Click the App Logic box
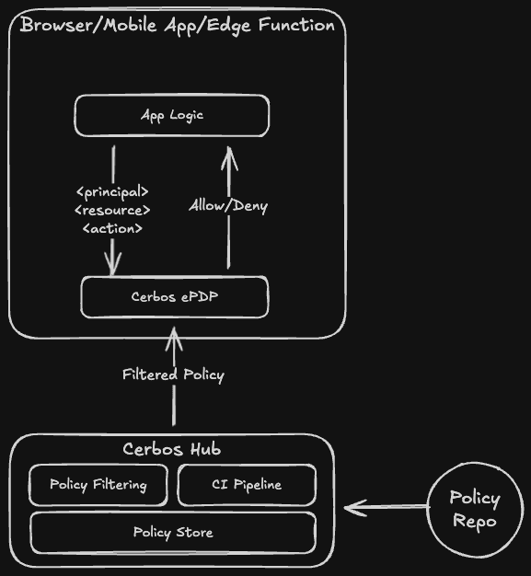click(x=172, y=116)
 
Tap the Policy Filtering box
click(x=98, y=485)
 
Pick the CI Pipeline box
click(x=246, y=485)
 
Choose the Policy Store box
click(x=173, y=533)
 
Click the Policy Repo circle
click(x=474, y=509)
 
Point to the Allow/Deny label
click(x=228, y=206)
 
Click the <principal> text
click(x=111, y=192)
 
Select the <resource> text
click(x=111, y=210)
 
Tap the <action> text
click(x=112, y=227)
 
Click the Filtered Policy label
click(x=173, y=374)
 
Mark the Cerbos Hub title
click(x=171, y=450)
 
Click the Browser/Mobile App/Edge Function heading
click(x=177, y=25)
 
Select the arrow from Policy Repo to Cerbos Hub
click(x=387, y=507)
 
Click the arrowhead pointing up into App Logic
click(x=228, y=161)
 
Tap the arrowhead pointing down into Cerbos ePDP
click(x=113, y=266)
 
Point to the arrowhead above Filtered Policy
click(x=173, y=340)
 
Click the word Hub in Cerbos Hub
click(x=203, y=450)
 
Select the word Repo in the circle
click(x=474, y=521)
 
